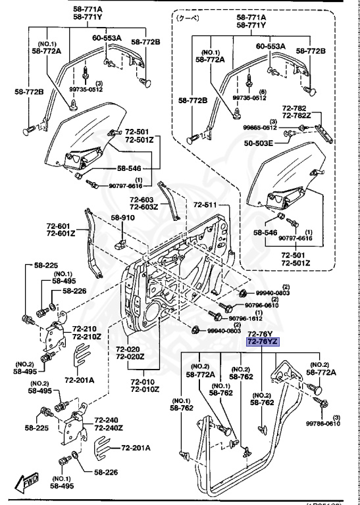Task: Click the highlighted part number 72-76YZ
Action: tap(262, 341)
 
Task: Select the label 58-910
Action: tap(122, 218)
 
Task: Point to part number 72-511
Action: tap(204, 205)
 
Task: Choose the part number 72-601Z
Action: tap(60, 233)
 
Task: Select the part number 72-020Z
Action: tap(130, 357)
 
